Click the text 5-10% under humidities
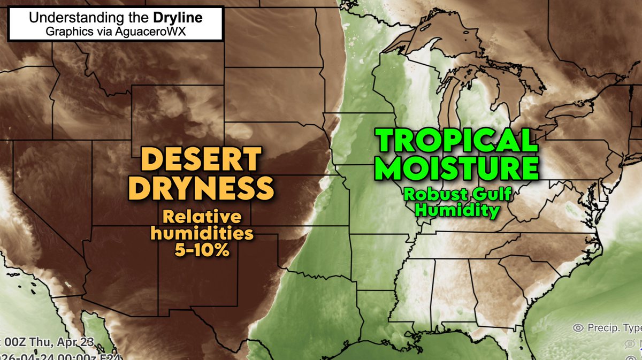(x=202, y=250)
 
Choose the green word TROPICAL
(x=456, y=141)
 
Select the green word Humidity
(x=457, y=210)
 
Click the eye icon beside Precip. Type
(x=578, y=327)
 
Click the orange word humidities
(x=202, y=234)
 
